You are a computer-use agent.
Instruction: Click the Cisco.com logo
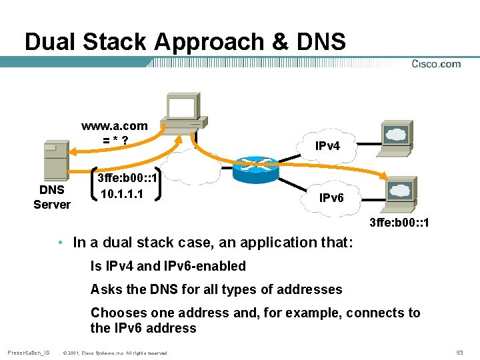[x=436, y=64]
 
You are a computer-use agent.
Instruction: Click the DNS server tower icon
[x=55, y=159]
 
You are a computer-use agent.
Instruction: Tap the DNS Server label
[x=52, y=197]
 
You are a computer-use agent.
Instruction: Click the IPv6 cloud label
[x=331, y=197]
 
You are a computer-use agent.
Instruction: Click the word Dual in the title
[x=51, y=41]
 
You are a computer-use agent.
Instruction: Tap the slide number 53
[x=459, y=352]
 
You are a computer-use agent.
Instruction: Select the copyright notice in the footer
[x=114, y=352]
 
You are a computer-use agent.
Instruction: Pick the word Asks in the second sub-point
[x=105, y=289]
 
